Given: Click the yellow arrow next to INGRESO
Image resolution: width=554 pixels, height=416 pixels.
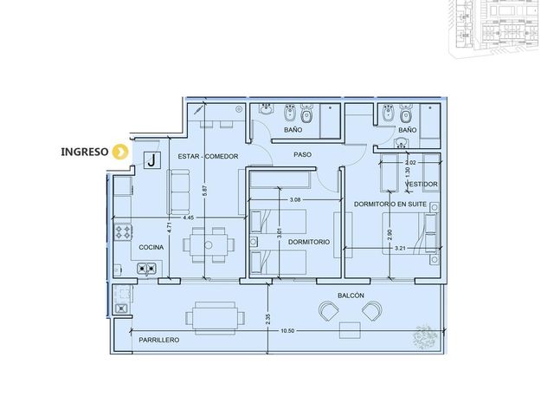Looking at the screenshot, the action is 120,152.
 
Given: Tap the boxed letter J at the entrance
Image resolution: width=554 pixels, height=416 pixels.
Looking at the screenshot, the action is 152,159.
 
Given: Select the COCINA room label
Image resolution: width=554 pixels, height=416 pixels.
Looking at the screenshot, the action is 151,247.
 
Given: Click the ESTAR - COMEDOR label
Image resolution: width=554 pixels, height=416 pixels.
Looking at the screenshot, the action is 208,156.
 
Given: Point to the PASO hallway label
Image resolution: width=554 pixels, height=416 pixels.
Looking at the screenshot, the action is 302,154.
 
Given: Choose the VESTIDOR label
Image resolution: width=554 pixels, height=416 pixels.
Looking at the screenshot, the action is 422,185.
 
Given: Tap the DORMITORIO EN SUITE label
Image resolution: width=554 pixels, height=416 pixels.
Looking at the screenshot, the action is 390,205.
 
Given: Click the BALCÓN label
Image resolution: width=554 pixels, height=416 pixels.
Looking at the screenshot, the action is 351,296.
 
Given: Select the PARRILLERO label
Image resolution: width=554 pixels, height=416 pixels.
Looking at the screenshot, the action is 159,340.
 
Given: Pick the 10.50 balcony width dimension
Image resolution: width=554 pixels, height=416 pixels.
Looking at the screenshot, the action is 287,331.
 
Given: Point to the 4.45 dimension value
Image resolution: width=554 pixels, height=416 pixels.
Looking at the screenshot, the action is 189,218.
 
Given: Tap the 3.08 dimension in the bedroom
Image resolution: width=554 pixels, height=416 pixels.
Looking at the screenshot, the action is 295,200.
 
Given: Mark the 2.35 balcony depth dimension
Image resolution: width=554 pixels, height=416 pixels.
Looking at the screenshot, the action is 267,320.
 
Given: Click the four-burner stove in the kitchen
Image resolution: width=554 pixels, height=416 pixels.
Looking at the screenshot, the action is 123,232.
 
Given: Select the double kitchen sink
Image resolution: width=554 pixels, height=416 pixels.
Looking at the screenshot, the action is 146,269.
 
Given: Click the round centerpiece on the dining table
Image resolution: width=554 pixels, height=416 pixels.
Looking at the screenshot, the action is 209,245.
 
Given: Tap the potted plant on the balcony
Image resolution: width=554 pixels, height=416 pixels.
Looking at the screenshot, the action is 425,336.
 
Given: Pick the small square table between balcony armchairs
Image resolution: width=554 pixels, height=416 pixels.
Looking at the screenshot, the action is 350,330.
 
